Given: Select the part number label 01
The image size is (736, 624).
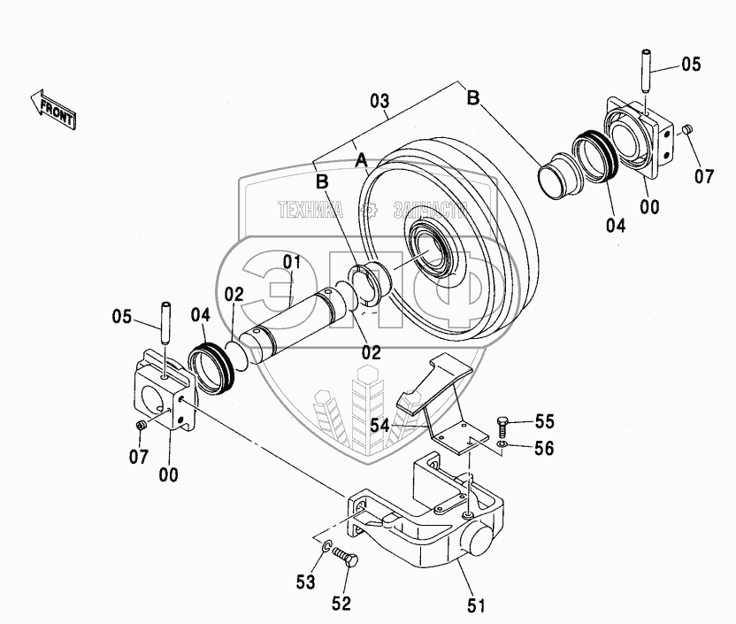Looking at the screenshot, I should pos(292,262).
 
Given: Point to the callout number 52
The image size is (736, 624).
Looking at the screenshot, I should pos(341,604).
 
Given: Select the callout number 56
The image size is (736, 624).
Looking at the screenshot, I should pos(544,449).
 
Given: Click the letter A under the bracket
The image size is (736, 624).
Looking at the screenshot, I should pos(361,161).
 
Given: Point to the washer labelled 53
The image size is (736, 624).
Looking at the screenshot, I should pos(326,550).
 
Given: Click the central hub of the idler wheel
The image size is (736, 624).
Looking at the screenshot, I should pos(433,252).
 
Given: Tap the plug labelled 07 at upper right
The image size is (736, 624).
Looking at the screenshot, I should pos(686,131).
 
